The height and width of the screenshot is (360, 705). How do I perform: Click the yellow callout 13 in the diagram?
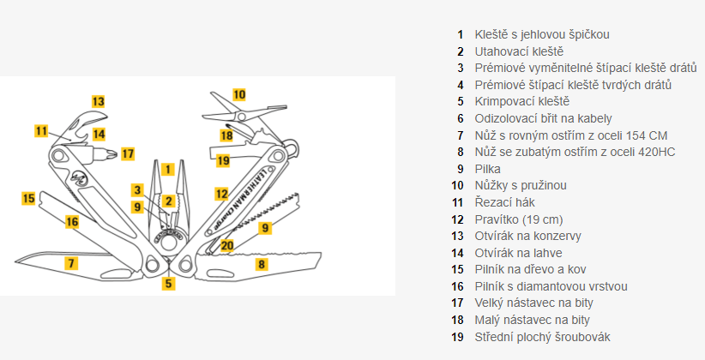pyautogui.click(x=99, y=102)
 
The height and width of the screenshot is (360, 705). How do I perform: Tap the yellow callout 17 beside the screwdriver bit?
pyautogui.click(x=128, y=154)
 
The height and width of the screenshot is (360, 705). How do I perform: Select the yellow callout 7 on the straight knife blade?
pyautogui.click(x=70, y=262)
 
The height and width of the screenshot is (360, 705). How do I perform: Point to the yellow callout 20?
pyautogui.click(x=227, y=245)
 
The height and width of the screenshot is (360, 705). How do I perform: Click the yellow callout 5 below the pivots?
pyautogui.click(x=169, y=284)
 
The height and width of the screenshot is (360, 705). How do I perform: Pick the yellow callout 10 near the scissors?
pyautogui.click(x=239, y=94)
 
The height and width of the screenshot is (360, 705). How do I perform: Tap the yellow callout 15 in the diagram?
pyautogui.click(x=29, y=198)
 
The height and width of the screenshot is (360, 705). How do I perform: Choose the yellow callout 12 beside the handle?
pyautogui.click(x=221, y=194)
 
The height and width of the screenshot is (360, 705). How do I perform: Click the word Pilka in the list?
pyautogui.click(x=487, y=169)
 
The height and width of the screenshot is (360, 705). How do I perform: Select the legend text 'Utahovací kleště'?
pyautogui.click(x=519, y=51)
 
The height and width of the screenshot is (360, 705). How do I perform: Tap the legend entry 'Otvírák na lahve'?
pyautogui.click(x=518, y=253)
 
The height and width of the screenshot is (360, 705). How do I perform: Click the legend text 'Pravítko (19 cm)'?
pyautogui.click(x=519, y=219)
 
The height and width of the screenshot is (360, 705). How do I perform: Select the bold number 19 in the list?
pyautogui.click(x=457, y=337)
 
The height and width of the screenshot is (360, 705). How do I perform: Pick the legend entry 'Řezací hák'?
pyautogui.click(x=504, y=202)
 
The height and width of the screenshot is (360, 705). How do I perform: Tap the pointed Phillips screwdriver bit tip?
pyautogui.click(x=116, y=154)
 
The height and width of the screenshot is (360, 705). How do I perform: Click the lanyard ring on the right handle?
pyautogui.click(x=292, y=148)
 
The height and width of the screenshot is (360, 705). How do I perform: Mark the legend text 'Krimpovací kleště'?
pyautogui.click(x=522, y=102)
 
